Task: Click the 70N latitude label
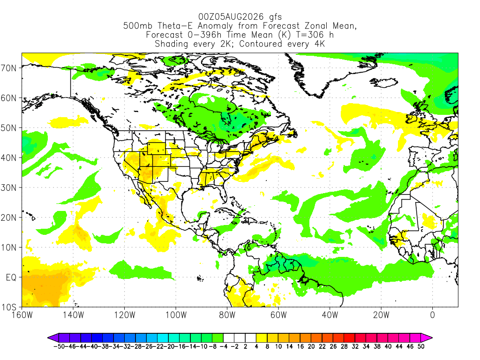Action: point(8,68)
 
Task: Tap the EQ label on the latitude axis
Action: point(11,277)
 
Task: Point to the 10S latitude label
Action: point(8,307)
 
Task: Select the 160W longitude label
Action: point(22,315)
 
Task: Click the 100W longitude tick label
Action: point(176,315)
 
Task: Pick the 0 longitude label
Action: point(432,315)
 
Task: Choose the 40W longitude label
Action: point(330,315)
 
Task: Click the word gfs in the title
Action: point(275,17)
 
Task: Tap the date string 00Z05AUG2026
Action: point(231,16)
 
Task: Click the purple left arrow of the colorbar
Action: point(53,338)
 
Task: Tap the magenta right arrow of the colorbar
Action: point(427,338)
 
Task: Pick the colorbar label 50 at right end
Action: point(421,346)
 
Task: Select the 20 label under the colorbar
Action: point(311,346)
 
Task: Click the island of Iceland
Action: point(383,82)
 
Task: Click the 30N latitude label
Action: point(8,187)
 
